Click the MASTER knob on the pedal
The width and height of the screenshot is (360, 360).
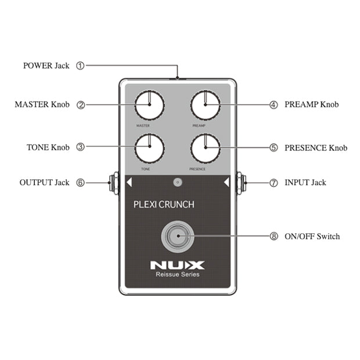click(x=149, y=105)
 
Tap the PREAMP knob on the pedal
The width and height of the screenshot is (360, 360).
click(x=205, y=105)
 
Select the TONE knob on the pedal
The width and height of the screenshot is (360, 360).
click(x=149, y=147)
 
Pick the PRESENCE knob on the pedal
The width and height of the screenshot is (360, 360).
click(x=205, y=147)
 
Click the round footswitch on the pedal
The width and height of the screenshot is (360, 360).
click(x=177, y=236)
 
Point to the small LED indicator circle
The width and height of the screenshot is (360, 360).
click(x=178, y=182)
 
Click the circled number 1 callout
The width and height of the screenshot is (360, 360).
click(x=81, y=66)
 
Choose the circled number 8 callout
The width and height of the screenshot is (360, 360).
click(x=273, y=236)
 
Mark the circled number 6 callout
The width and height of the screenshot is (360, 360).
click(x=81, y=182)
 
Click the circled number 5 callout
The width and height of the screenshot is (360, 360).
click(x=273, y=147)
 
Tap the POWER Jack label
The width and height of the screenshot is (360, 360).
click(x=46, y=66)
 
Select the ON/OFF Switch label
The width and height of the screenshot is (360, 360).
click(x=312, y=236)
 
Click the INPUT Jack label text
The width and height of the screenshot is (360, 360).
click(x=305, y=182)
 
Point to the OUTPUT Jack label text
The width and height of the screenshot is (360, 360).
click(x=44, y=182)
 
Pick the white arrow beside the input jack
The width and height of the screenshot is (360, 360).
click(x=226, y=183)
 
